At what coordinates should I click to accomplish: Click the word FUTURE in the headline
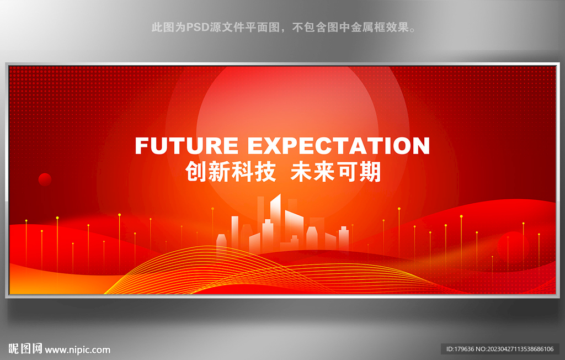(x=186, y=146)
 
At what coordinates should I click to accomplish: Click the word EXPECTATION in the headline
(x=339, y=146)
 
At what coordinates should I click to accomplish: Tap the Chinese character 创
(x=196, y=172)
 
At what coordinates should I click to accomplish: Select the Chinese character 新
(x=219, y=172)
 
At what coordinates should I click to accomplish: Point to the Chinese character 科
(x=242, y=172)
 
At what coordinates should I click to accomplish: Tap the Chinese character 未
(x=301, y=172)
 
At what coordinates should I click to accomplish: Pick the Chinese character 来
(x=324, y=172)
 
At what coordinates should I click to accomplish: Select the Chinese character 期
(x=370, y=172)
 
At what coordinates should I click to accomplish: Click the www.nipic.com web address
(x=77, y=350)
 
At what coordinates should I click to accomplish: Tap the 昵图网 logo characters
(x=25, y=348)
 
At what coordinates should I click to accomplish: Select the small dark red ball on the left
(x=45, y=179)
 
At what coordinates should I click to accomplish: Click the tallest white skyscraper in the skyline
(x=276, y=223)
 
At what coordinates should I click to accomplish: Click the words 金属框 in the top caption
(x=362, y=28)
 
